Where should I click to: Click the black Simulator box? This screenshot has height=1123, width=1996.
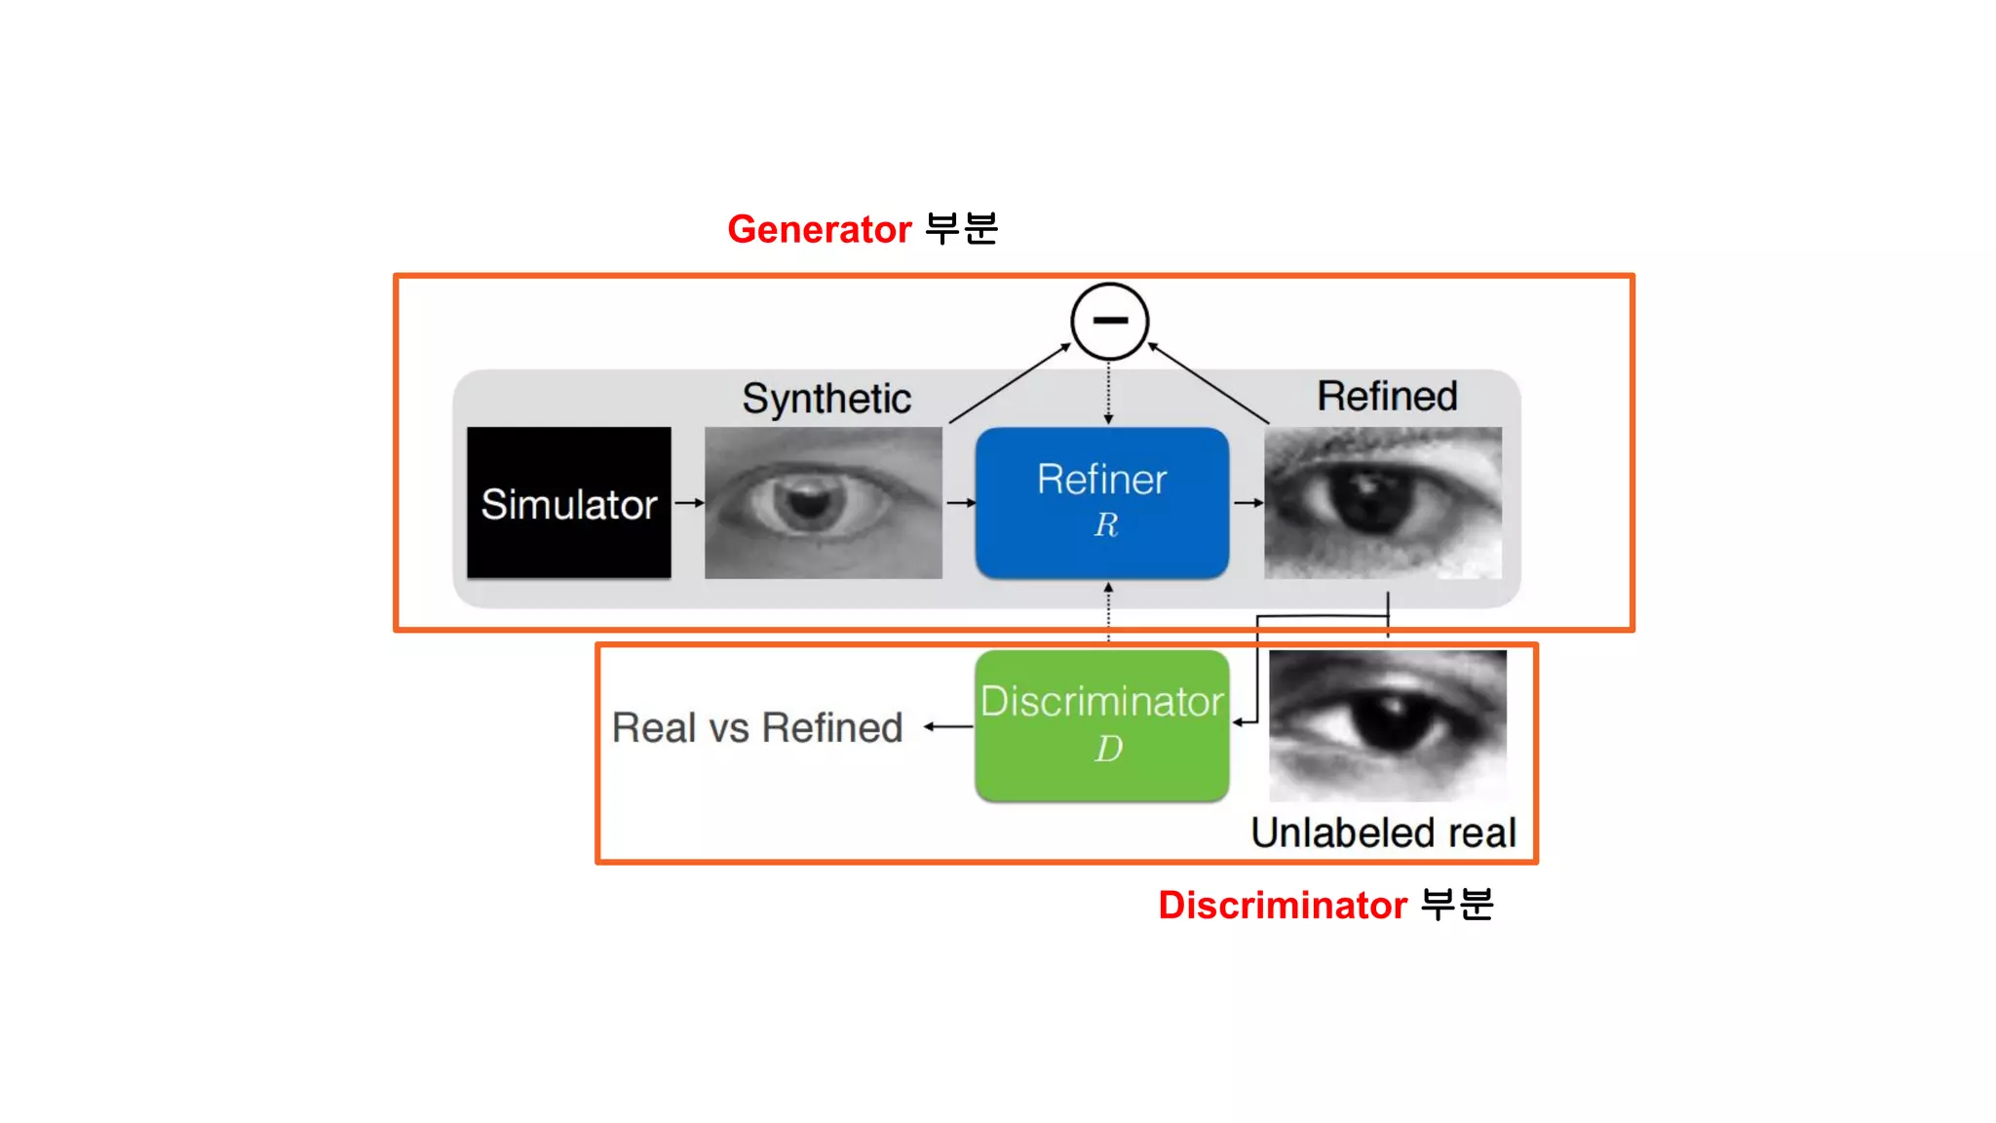[x=568, y=503]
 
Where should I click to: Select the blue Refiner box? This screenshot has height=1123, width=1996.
[x=1101, y=503]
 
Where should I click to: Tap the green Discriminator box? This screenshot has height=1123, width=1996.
[x=1101, y=726]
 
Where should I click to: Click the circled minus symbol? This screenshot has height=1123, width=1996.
[x=1109, y=321]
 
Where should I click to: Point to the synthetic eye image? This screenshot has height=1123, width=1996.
[x=823, y=503]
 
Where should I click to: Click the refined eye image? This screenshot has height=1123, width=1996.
[x=1382, y=503]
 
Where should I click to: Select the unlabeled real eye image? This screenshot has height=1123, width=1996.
[x=1387, y=725]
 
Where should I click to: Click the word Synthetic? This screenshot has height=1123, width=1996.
[x=826, y=399]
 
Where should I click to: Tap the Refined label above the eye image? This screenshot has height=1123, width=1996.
[x=1387, y=397]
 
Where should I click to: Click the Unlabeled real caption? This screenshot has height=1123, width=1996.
[x=1383, y=833]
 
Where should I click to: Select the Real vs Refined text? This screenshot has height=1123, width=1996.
[x=757, y=728]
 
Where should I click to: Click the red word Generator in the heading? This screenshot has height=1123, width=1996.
[x=819, y=230]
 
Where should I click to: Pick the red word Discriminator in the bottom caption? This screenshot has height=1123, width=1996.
[x=1282, y=906]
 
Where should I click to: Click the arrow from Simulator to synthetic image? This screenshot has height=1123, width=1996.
[x=689, y=503]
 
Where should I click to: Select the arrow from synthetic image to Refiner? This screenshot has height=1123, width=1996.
[x=960, y=503]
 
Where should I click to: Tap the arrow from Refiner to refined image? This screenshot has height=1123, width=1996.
[x=1247, y=503]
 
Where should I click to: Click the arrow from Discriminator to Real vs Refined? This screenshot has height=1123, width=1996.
[x=947, y=726]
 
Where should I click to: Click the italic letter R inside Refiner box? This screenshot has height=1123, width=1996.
[x=1105, y=525]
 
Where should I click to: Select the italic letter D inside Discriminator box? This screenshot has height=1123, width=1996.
[x=1108, y=749]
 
